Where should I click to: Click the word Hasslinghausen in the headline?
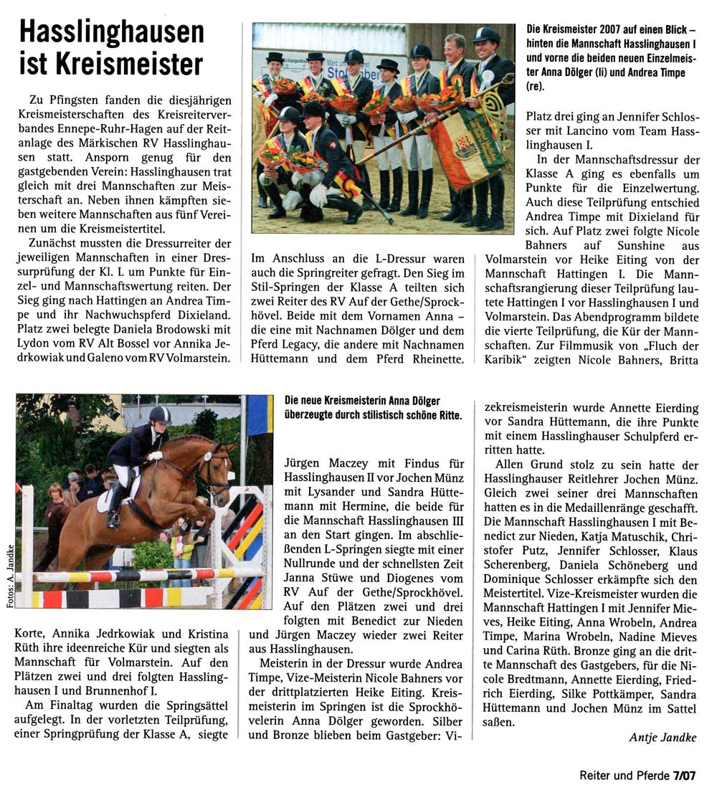111,34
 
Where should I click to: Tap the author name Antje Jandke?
662,737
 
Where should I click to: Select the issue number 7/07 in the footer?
684,775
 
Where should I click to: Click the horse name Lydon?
32,344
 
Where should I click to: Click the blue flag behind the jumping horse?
259,415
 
